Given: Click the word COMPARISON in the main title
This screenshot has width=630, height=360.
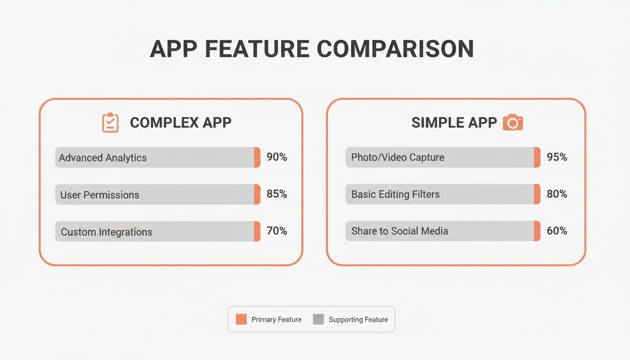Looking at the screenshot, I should (395, 49).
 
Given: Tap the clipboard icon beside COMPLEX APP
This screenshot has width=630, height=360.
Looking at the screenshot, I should (110, 122).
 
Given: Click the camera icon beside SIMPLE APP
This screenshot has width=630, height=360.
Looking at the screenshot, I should (512, 123).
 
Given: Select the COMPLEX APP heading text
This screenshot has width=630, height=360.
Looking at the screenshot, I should (180, 123).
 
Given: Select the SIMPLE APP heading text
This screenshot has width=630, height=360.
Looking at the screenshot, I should (454, 123).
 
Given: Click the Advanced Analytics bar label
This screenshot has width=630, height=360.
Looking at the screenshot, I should (103, 158).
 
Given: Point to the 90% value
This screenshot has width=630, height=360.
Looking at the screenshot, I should (277, 157).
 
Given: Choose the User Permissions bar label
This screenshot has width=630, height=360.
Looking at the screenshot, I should (100, 195).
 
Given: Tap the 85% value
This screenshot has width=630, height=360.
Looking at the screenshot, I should (277, 194).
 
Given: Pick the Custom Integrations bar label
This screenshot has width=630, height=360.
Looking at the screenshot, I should (106, 232).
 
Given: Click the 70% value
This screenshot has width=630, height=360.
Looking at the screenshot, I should (277, 231).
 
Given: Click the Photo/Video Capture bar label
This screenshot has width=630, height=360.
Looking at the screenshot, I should (397, 157).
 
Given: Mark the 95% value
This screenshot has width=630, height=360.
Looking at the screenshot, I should (557, 157).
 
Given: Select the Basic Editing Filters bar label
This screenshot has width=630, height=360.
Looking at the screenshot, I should (395, 194).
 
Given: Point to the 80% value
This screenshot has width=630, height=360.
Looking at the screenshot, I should (557, 194).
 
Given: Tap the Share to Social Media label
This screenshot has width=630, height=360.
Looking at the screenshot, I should (399, 231).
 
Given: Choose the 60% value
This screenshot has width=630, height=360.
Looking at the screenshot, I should (557, 231).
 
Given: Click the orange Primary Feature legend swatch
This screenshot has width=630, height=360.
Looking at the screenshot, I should (241, 319).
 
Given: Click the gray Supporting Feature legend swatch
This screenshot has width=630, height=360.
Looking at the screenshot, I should (318, 319).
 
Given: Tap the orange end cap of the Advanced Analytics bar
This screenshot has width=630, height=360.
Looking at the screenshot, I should (257, 157).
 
